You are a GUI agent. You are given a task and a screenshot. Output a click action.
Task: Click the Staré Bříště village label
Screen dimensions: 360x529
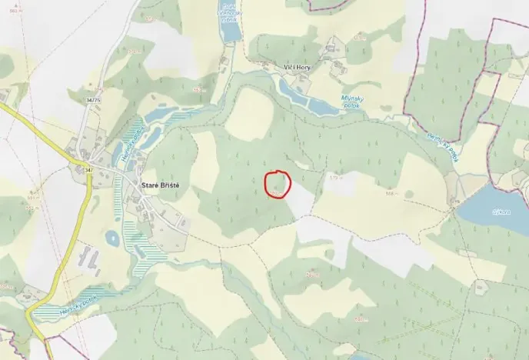161,185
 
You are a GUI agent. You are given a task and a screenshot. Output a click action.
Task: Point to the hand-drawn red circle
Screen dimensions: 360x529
278,184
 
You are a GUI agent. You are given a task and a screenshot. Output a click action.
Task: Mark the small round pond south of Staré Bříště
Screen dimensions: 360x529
113,238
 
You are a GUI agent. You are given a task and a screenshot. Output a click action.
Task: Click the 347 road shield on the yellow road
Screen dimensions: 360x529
88,168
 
